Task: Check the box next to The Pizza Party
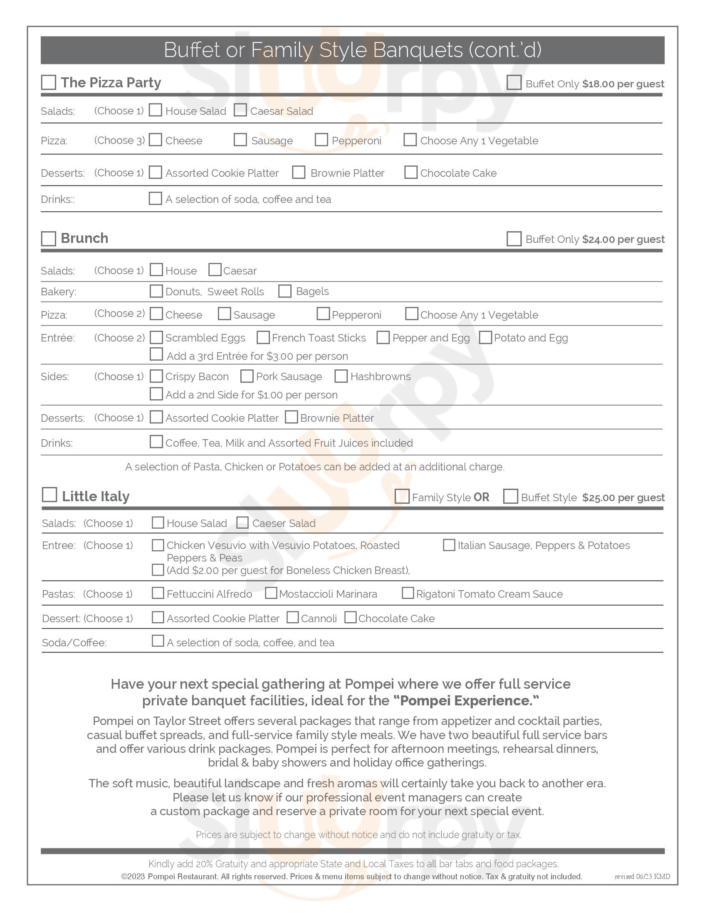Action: pyautogui.click(x=49, y=82)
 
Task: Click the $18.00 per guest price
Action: pyautogui.click(x=623, y=84)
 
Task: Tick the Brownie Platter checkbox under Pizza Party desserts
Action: pyautogui.click(x=299, y=172)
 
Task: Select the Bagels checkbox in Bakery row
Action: pyautogui.click(x=285, y=291)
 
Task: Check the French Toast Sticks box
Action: pyautogui.click(x=263, y=337)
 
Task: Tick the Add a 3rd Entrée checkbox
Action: pyautogui.click(x=156, y=354)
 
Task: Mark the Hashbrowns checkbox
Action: pyautogui.click(x=341, y=376)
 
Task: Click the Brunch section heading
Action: pyautogui.click(x=84, y=238)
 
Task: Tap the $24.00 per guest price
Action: pyautogui.click(x=623, y=239)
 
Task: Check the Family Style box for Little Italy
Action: pyautogui.click(x=402, y=497)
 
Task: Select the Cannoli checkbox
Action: pyautogui.click(x=292, y=618)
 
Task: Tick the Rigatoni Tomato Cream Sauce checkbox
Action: pyautogui.click(x=408, y=593)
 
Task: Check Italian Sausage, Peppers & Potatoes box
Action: pyautogui.click(x=449, y=545)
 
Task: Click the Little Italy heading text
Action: pyautogui.click(x=96, y=497)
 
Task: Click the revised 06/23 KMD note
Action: pyautogui.click(x=642, y=876)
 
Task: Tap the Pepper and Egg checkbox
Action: pyautogui.click(x=383, y=337)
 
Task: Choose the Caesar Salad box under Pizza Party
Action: pyautogui.click(x=240, y=110)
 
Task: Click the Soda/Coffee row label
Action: pyautogui.click(x=74, y=643)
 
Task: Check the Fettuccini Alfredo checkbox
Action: pyautogui.click(x=158, y=593)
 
